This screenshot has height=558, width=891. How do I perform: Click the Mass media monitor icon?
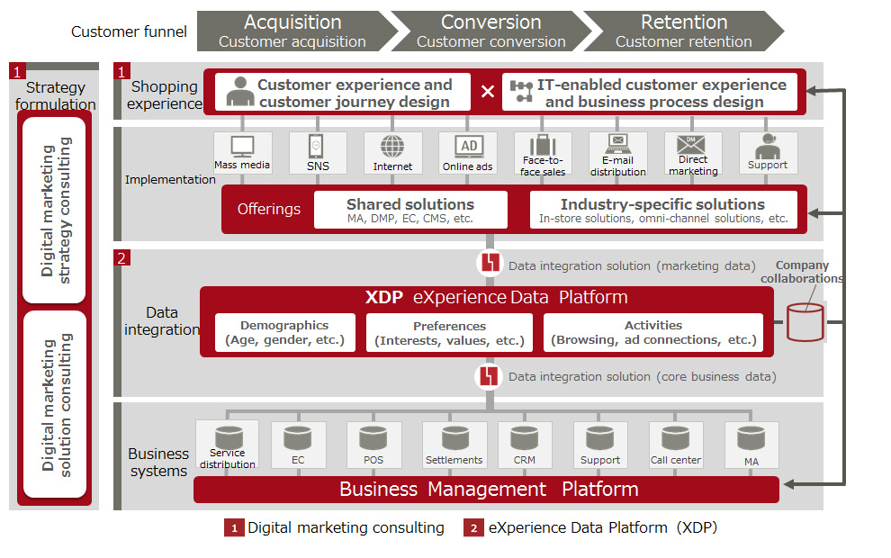[x=242, y=146]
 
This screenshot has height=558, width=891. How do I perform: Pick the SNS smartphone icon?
[x=317, y=146]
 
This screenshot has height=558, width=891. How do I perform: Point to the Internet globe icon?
[x=392, y=146]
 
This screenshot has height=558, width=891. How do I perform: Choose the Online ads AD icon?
[x=468, y=146]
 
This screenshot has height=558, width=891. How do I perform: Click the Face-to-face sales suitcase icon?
[x=543, y=145]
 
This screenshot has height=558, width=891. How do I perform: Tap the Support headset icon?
[x=768, y=145]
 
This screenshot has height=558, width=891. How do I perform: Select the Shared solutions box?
[x=410, y=210]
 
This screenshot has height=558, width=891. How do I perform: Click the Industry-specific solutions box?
[x=663, y=210]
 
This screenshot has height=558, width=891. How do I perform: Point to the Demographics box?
[x=284, y=332]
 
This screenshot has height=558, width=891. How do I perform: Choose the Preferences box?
[x=449, y=332]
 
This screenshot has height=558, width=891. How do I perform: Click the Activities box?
[x=653, y=332]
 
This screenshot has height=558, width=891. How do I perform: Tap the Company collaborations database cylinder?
[x=805, y=321]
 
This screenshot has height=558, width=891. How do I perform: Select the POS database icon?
[x=373, y=438]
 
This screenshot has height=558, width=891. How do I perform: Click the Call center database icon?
[x=676, y=438]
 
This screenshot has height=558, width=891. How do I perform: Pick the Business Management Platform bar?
[x=487, y=490]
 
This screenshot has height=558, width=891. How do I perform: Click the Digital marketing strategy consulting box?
[x=54, y=208]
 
